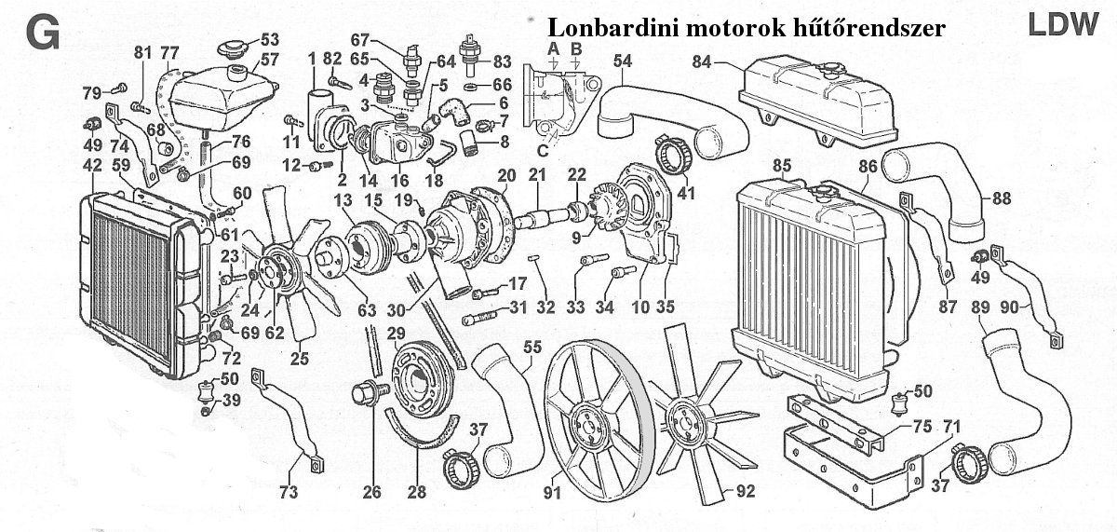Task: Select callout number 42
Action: (92, 165)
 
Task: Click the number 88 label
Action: (1002, 197)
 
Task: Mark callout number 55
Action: (532, 347)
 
